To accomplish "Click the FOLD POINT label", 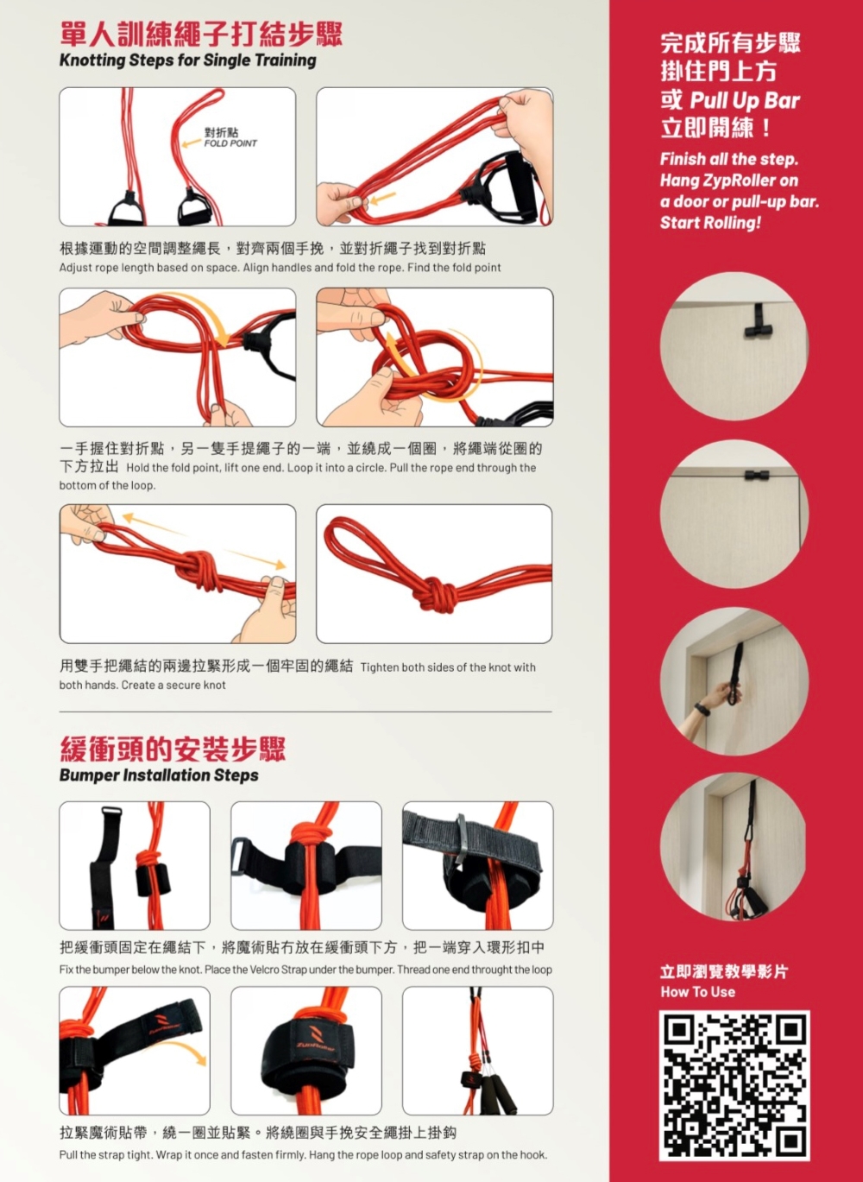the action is click(x=230, y=143).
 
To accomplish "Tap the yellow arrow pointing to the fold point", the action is click(x=192, y=143).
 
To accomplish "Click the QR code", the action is click(x=734, y=1085).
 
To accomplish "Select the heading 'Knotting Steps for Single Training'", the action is click(x=188, y=60).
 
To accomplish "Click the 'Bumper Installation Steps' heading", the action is click(x=159, y=775).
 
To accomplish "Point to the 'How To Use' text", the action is click(x=697, y=991).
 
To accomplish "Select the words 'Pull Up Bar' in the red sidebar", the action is click(x=745, y=100).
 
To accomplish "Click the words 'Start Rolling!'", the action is click(x=710, y=222).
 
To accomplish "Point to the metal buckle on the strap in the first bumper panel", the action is click(x=111, y=811).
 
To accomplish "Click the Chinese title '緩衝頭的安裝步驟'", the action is click(x=173, y=749).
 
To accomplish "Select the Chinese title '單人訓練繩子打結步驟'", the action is click(x=201, y=34).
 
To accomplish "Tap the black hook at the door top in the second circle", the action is click(x=757, y=475).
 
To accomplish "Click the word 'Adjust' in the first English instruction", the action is click(x=75, y=268).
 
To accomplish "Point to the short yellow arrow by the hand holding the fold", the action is click(x=382, y=199).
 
